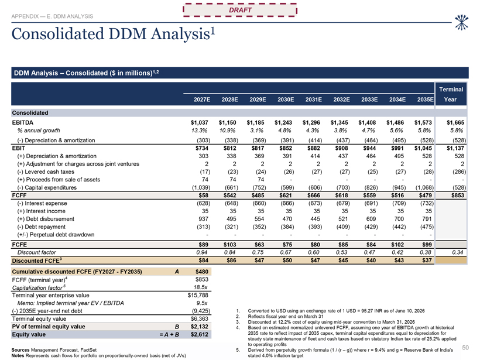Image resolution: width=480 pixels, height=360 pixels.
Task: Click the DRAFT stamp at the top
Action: coord(240,10)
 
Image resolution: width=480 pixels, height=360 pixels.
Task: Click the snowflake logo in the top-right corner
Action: coord(461,22)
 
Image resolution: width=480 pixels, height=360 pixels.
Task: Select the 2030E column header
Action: coord(286,100)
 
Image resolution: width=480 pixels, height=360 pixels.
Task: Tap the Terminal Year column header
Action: coord(451,94)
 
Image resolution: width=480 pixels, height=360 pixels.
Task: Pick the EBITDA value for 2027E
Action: coord(199,122)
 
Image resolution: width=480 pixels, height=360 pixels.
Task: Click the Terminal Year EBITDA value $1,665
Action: coord(455,122)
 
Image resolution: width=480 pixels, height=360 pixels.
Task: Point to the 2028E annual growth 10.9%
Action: coord(227,131)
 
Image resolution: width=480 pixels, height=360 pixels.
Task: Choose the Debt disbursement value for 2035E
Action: coord(427,219)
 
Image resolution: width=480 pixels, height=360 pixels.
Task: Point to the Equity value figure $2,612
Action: coord(199,335)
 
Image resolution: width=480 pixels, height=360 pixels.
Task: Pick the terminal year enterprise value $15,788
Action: coord(198,295)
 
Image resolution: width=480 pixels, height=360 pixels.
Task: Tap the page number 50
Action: coord(465,348)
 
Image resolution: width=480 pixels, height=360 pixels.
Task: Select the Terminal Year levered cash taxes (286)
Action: coord(459,172)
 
